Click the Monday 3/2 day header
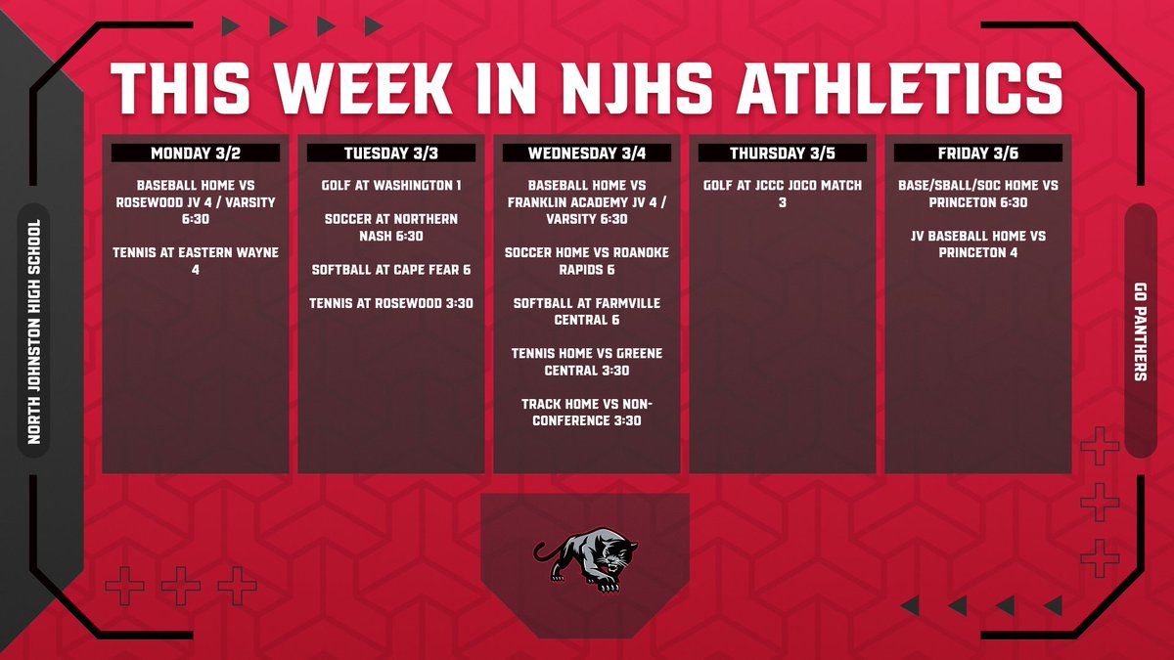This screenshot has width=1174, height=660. click(x=196, y=154)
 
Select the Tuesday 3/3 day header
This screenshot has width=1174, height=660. click(x=391, y=154)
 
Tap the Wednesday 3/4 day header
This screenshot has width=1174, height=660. click(x=587, y=154)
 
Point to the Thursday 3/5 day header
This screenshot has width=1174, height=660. click(x=782, y=154)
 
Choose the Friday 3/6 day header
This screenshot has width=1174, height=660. click(x=977, y=154)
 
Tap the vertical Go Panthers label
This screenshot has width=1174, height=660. click(x=1141, y=330)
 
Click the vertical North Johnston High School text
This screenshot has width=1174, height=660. click(x=34, y=331)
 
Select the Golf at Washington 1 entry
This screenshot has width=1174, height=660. click(x=391, y=185)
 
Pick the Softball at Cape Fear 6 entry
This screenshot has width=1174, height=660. click(x=391, y=269)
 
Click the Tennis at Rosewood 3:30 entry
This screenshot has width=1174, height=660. click(x=391, y=303)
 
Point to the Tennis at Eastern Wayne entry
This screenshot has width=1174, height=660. click(x=196, y=260)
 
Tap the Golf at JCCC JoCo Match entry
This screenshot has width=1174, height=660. click(x=782, y=193)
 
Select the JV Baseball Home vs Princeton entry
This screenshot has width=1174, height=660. click(x=977, y=243)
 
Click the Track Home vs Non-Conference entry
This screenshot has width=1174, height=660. click(x=587, y=412)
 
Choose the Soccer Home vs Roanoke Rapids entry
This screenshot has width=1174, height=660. click(x=587, y=260)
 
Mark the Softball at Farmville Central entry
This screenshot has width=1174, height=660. click(x=587, y=311)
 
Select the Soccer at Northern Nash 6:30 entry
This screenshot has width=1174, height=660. click(x=391, y=227)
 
